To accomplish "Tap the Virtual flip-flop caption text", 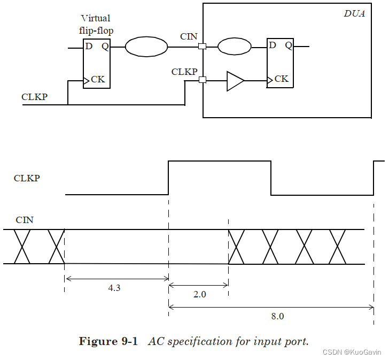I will [96, 25].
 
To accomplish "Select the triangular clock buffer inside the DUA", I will [234, 81].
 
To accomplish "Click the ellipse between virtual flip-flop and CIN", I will [146, 47].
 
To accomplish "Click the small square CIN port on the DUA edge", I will [202, 47].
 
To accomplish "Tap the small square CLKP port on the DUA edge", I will [202, 80].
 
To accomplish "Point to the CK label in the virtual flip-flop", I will [98, 80].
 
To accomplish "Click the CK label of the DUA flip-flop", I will [281, 79].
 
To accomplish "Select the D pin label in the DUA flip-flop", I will [273, 45].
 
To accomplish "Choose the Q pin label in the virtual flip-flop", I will [105, 46].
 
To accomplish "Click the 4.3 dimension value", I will [114, 288].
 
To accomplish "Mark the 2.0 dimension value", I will [199, 295].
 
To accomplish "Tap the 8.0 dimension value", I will [277, 316].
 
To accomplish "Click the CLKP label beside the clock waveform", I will [27, 178].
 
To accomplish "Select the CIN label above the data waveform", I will [25, 220].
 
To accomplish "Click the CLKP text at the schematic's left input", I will [34, 97].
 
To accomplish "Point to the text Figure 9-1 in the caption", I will [108, 341].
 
